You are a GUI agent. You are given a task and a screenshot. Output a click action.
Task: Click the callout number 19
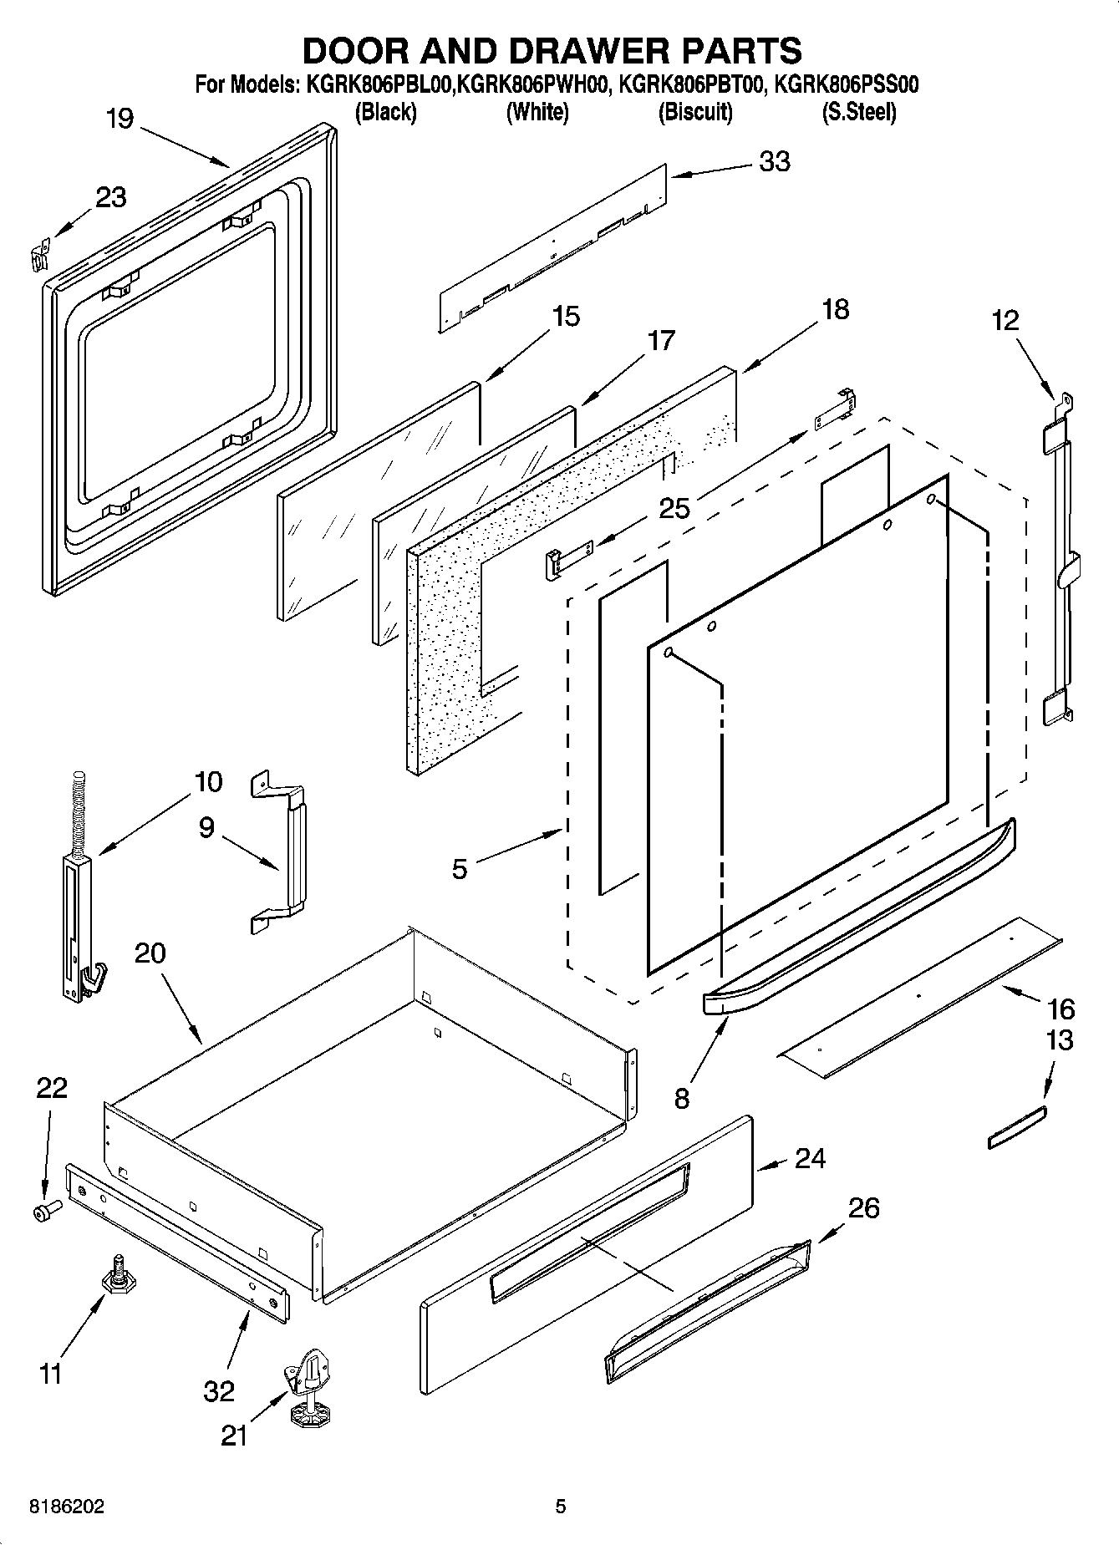120,119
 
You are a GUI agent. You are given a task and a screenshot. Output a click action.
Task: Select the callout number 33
774,161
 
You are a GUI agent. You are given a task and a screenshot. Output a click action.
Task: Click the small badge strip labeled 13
1017,1127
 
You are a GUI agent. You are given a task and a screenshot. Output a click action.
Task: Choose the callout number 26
863,1207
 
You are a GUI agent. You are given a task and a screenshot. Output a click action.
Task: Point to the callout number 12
1006,320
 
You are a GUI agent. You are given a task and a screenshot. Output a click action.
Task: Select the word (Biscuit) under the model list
695,111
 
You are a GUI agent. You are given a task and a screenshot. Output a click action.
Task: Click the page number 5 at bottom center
561,1507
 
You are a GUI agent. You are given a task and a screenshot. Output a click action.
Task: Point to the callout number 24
810,1158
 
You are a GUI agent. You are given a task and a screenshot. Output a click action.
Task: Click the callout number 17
660,341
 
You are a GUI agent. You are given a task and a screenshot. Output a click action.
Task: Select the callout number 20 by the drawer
150,953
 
